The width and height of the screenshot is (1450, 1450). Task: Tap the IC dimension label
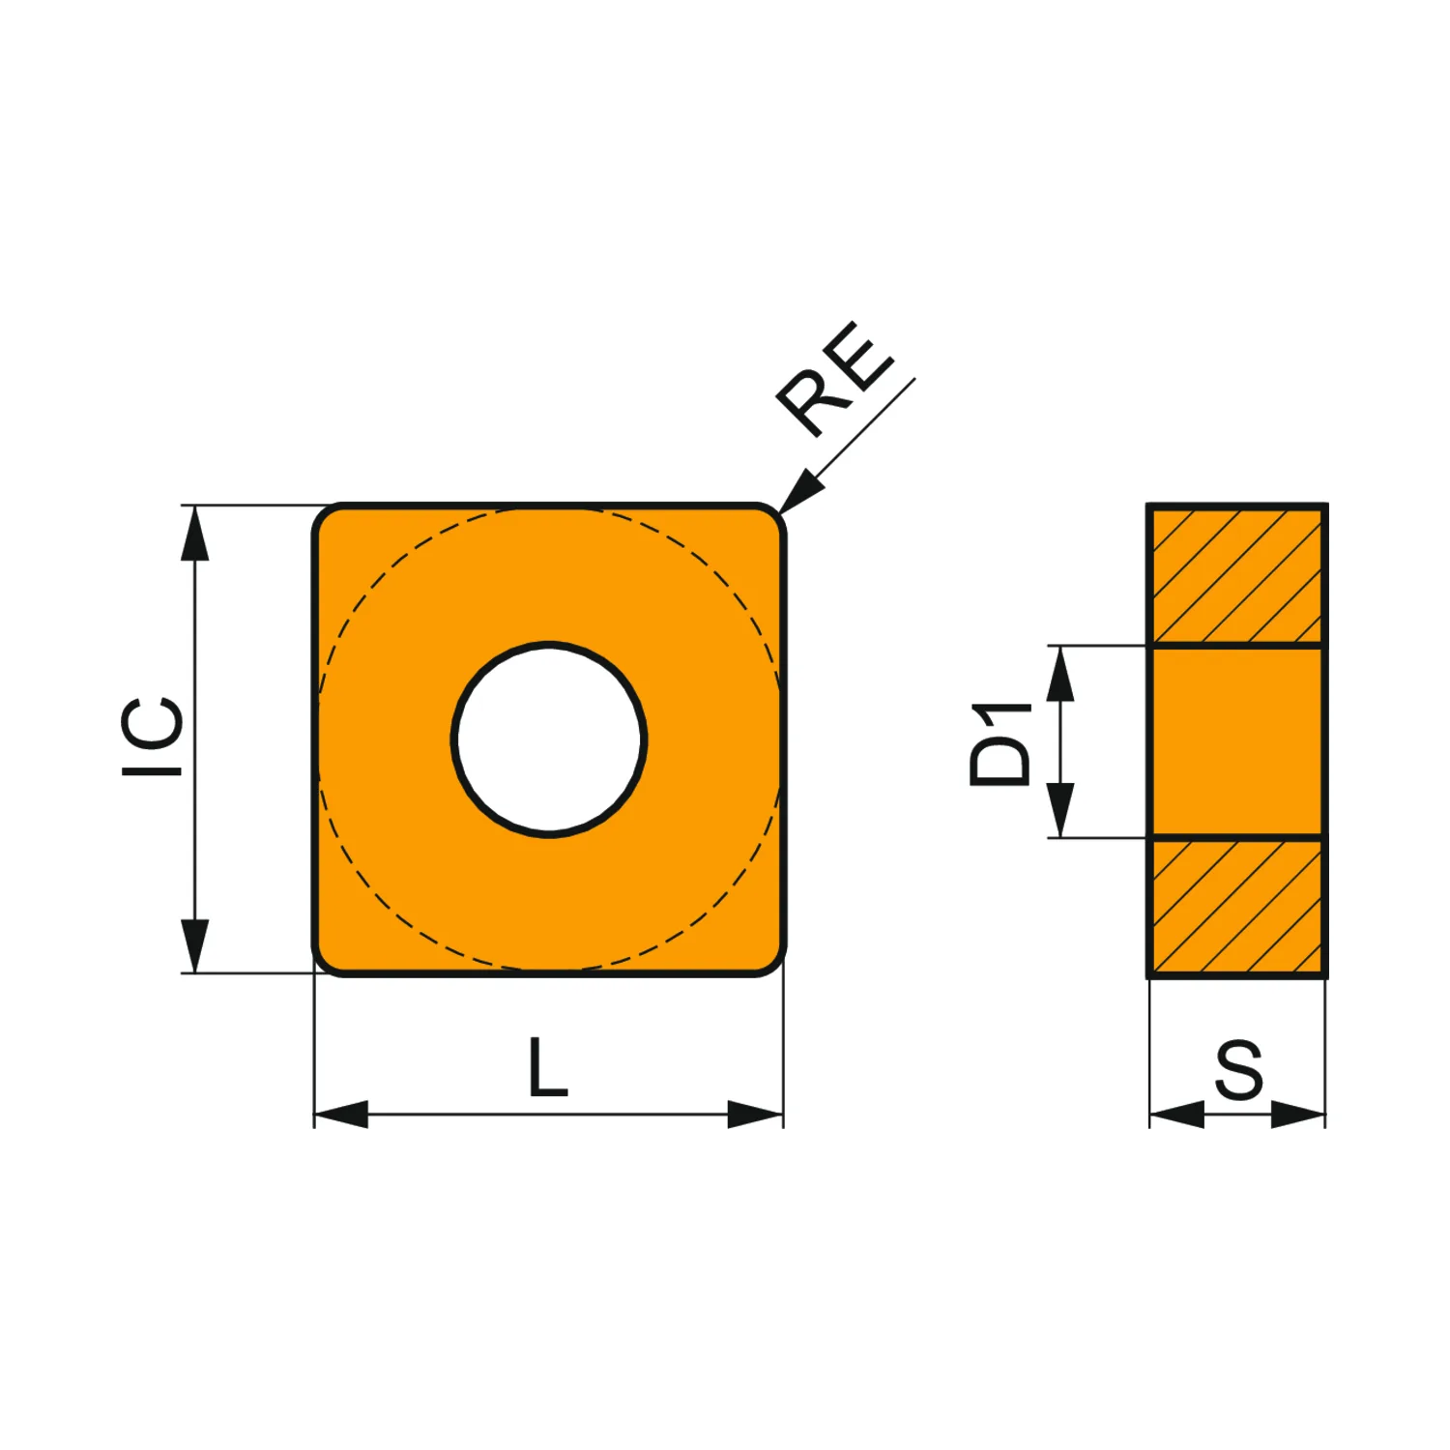(x=153, y=736)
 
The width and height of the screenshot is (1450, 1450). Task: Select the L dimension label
(x=548, y=1067)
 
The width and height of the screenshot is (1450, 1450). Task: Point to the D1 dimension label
(x=1000, y=743)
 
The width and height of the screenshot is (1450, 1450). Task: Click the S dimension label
(x=1238, y=1070)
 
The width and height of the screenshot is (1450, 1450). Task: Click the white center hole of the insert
(x=549, y=739)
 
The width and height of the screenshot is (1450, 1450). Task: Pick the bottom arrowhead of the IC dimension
(x=195, y=945)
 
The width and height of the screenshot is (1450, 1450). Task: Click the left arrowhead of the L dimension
(x=341, y=1114)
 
